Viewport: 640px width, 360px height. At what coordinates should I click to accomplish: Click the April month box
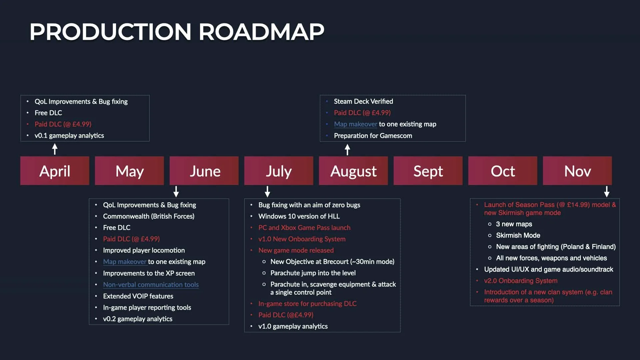[55, 171]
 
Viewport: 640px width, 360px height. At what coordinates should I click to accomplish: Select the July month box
[279, 171]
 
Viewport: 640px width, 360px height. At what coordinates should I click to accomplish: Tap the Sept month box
[428, 171]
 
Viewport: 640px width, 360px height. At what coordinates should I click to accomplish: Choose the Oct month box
[503, 171]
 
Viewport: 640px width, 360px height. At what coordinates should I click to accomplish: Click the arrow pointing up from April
[55, 149]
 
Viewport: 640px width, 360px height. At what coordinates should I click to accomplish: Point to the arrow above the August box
[347, 150]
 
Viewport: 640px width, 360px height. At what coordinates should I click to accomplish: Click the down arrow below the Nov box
[607, 192]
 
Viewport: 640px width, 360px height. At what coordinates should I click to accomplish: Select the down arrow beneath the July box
[267, 192]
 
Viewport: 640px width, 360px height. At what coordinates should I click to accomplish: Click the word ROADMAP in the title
[261, 32]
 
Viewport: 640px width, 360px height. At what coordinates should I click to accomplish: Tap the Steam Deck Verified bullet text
[363, 101]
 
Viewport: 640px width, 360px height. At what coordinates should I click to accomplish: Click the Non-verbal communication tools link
[151, 285]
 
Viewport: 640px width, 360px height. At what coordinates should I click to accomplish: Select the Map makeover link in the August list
[355, 124]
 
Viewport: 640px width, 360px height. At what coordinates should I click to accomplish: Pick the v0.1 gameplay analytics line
[69, 136]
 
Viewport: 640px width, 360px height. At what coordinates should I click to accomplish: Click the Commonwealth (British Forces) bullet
[149, 216]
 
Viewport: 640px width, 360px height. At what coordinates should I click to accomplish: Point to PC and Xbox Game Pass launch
[304, 228]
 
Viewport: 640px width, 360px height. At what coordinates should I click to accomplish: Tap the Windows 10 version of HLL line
[299, 216]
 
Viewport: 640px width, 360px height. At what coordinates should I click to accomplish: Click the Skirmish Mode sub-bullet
[518, 235]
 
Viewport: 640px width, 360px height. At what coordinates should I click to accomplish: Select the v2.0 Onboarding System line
[521, 281]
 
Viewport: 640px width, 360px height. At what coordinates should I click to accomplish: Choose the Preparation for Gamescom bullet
[373, 136]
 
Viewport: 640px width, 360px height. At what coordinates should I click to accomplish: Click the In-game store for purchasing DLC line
[307, 304]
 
